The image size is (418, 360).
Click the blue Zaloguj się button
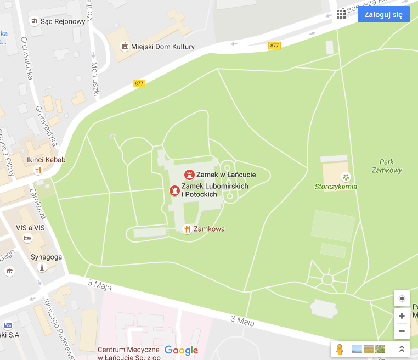pyautogui.click(x=383, y=14)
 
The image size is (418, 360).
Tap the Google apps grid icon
pyautogui.click(x=341, y=14)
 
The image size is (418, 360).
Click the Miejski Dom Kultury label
pyautogui.click(x=163, y=47)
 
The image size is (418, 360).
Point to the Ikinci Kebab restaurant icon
pyautogui.click(x=38, y=170)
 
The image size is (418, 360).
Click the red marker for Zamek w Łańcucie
pyautogui.click(x=189, y=175)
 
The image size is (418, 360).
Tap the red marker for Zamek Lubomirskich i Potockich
pyautogui.click(x=174, y=190)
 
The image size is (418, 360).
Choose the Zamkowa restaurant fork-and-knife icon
pyautogui.click(x=187, y=229)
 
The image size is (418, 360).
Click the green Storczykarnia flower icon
pyautogui.click(x=346, y=177)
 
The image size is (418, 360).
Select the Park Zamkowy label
pyautogui.click(x=390, y=166)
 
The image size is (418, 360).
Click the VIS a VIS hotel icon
pyautogui.click(x=27, y=238)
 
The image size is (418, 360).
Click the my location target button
pyautogui.click(x=402, y=299)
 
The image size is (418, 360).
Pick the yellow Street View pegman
pyautogui.click(x=340, y=349)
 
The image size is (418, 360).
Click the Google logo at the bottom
pyautogui.click(x=181, y=350)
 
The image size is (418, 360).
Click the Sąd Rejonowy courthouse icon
pyautogui.click(x=35, y=21)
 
